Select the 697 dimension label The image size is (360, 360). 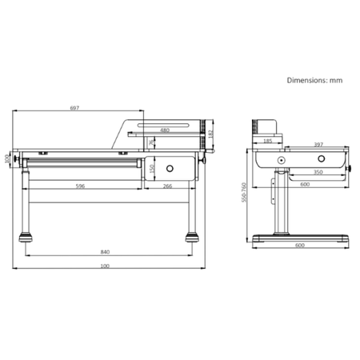click(x=74, y=107)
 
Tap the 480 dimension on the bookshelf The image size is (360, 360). click(x=164, y=130)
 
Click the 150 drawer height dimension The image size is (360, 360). click(x=151, y=168)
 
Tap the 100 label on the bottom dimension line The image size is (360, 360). click(x=105, y=266)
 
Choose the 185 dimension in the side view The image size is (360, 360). click(x=266, y=142)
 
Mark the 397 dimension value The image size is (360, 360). click(x=318, y=146)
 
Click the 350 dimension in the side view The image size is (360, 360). click(x=318, y=172)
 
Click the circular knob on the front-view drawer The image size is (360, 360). click(x=170, y=168)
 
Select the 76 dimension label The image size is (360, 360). click(x=151, y=142)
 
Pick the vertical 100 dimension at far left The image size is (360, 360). click(x=7, y=158)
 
